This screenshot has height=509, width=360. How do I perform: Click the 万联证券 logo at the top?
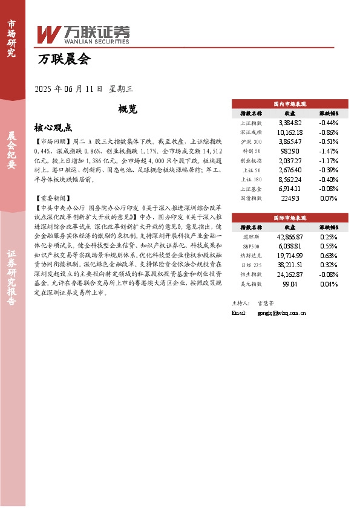(83, 34)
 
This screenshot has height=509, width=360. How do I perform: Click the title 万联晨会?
(64, 59)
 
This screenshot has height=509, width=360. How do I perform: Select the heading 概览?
(128, 109)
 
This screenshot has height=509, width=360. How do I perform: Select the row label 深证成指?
(251, 132)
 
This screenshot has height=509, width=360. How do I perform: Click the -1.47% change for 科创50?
(328, 151)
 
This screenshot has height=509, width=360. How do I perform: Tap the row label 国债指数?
(251, 198)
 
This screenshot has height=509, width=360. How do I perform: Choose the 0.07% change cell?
(328, 198)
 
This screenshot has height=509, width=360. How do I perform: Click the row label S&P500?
(251, 247)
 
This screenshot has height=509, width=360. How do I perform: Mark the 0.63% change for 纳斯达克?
(328, 256)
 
